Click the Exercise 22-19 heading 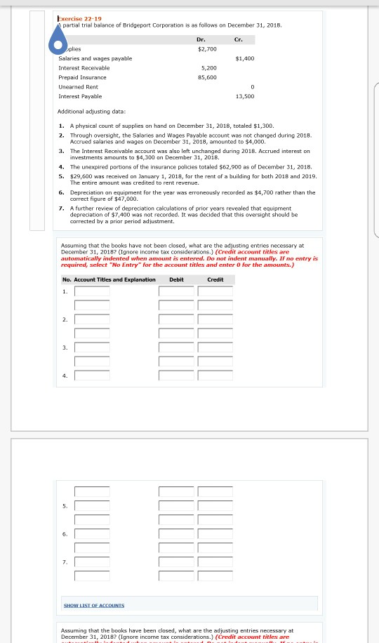(x=79, y=18)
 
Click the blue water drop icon (x=58, y=40)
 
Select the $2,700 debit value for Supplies (x=207, y=49)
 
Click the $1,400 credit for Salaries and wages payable (x=244, y=58)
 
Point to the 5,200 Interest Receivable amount (x=208, y=68)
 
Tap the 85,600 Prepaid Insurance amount (x=207, y=77)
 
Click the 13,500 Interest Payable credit (x=244, y=96)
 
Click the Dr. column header (x=201, y=40)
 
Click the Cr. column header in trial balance (x=239, y=40)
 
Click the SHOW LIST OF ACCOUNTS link (x=93, y=605)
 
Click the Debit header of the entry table (x=176, y=279)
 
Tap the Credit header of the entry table (x=215, y=279)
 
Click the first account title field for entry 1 (x=92, y=291)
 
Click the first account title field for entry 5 (x=92, y=505)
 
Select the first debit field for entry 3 (x=175, y=347)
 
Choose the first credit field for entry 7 (x=215, y=562)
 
